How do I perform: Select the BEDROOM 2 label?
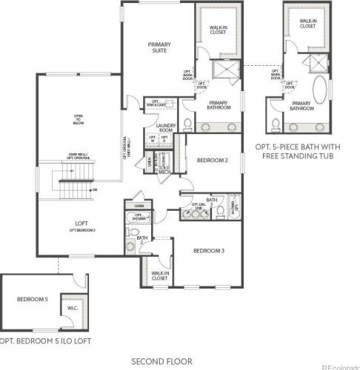click(x=211, y=161)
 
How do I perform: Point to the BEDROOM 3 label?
click(x=208, y=252)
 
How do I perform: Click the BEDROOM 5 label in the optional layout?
click(x=33, y=299)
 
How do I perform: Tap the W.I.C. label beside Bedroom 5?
click(x=74, y=307)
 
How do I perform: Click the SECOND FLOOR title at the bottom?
click(x=161, y=361)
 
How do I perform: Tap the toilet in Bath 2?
click(x=132, y=244)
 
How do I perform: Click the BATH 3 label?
click(x=212, y=200)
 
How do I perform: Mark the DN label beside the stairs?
click(x=94, y=191)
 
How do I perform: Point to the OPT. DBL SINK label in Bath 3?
click(x=198, y=206)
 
